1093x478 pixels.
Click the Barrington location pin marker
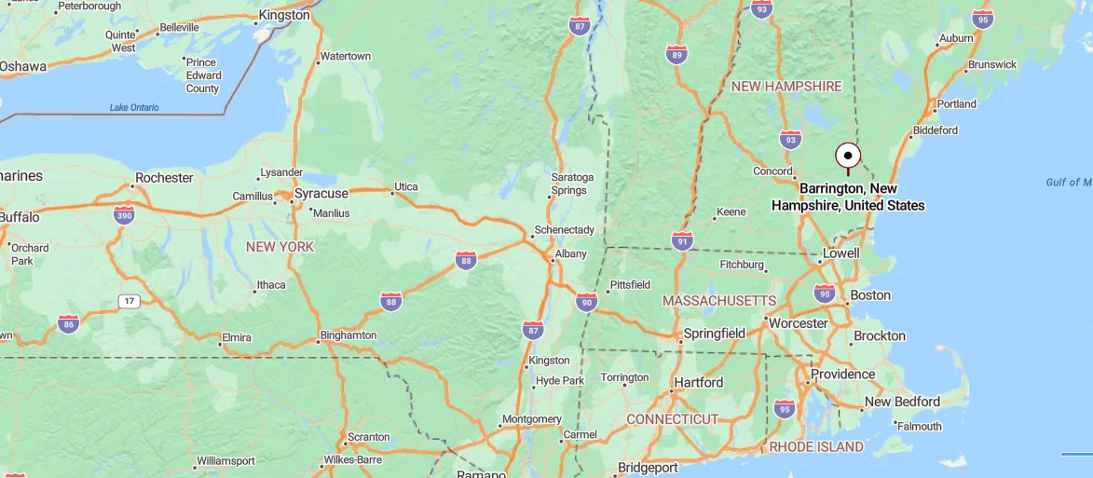pos(847,156)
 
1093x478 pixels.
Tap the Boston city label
pos(870,295)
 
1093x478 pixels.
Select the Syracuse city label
pos(321,194)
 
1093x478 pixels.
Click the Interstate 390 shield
pos(123,215)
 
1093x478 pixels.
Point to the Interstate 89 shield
pos(677,54)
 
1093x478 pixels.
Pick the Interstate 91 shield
pos(682,241)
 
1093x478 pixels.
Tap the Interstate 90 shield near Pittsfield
pos(586,300)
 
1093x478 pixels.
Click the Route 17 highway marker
pos(129,301)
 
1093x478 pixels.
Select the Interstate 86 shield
pos(68,323)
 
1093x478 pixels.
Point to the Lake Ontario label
pos(134,107)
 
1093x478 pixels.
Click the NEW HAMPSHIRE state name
pos(786,87)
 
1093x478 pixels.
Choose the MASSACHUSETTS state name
pos(718,301)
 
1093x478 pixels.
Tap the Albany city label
pos(570,253)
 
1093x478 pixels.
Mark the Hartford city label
pos(698,382)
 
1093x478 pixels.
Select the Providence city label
pos(842,375)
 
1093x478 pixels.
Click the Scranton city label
pos(368,436)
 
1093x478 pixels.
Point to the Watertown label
pos(345,57)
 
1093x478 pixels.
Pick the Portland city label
pos(956,103)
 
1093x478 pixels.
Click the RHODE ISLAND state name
pos(816,447)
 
